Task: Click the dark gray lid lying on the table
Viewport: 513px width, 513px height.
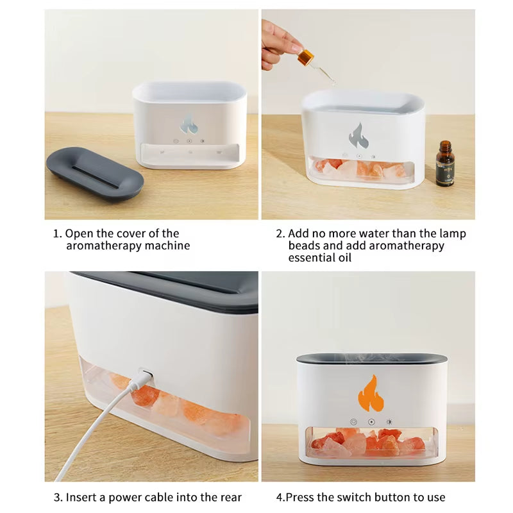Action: [x=95, y=172]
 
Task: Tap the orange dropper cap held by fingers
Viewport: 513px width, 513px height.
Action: [x=305, y=57]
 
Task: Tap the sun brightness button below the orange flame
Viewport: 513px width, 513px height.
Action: [x=389, y=422]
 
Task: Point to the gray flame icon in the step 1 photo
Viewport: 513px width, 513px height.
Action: [x=189, y=124]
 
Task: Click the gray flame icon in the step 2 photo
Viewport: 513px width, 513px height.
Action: [x=358, y=135]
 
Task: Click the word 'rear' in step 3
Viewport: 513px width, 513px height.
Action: [x=231, y=498]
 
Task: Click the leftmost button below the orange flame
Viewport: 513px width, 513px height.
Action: [x=353, y=422]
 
